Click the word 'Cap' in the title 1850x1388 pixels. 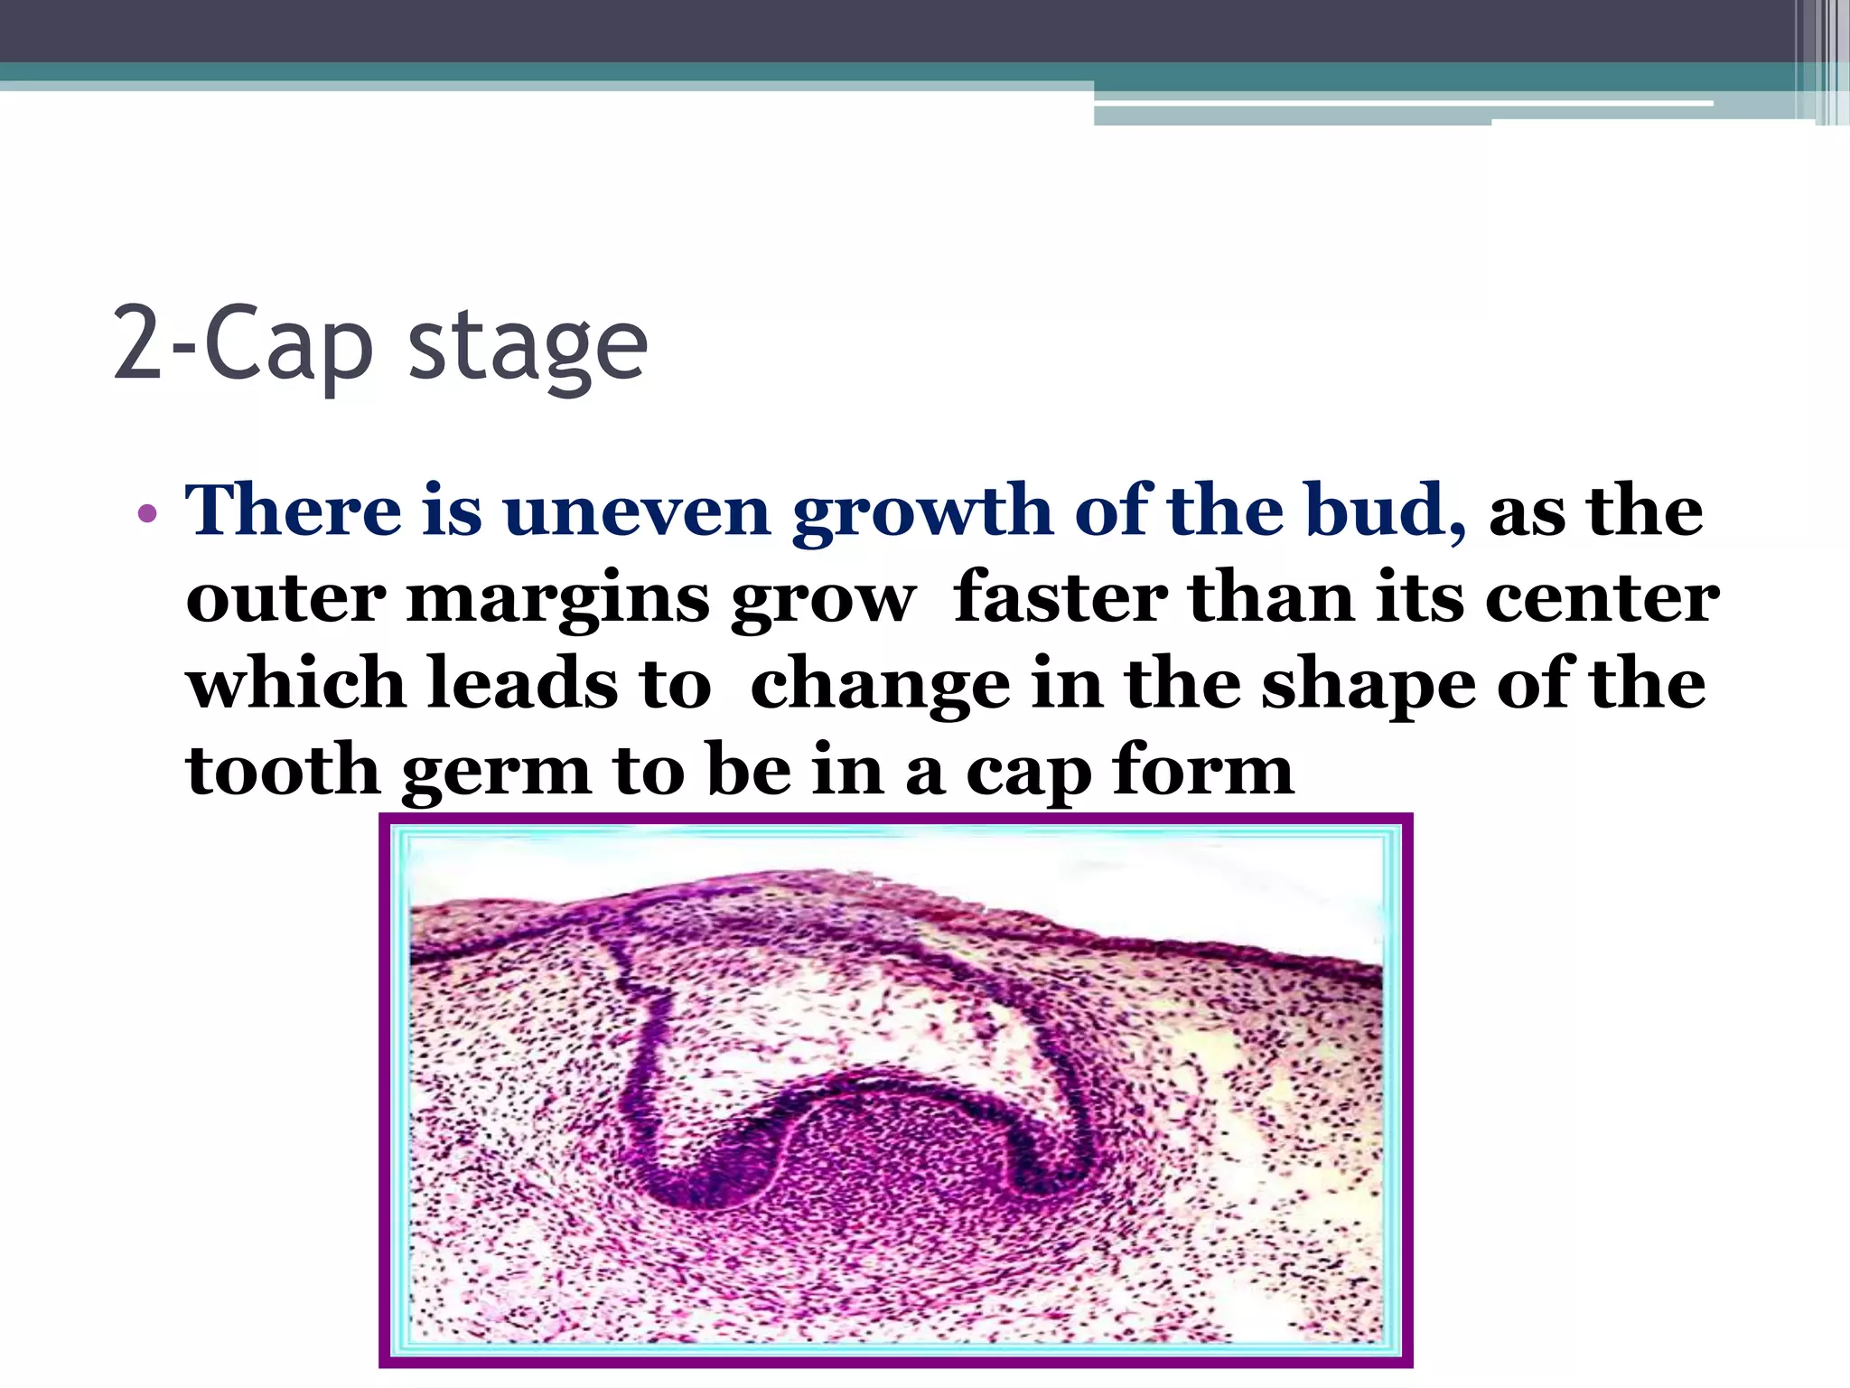[x=289, y=344]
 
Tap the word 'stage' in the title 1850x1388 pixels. [x=528, y=348]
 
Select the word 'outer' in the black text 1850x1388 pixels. [x=285, y=598]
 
